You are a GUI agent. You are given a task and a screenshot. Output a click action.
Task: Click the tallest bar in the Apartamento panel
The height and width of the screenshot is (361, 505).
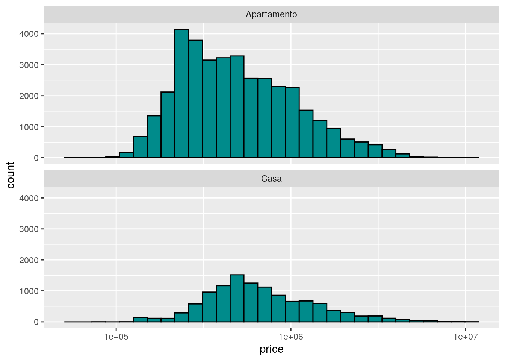tap(182, 94)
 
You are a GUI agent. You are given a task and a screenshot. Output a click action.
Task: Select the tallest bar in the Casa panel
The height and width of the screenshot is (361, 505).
tap(237, 299)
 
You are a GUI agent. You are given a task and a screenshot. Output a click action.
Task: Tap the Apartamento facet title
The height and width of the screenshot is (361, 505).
tap(271, 14)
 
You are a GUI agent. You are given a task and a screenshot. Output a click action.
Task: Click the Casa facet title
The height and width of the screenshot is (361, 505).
tap(271, 179)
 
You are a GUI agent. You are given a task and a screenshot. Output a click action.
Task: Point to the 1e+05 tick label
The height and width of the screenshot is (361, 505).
tap(116, 337)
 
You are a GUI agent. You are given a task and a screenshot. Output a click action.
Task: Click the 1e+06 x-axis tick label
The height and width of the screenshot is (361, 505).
tap(290, 337)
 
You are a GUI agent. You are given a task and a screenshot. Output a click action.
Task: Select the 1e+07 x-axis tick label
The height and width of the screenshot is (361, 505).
tap(465, 337)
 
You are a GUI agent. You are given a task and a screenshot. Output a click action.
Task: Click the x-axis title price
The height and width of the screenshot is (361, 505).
tap(271, 349)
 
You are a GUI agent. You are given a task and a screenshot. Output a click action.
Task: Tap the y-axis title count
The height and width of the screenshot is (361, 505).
tap(11, 175)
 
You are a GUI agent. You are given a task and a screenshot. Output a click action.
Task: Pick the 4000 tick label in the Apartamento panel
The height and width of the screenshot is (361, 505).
tap(29, 34)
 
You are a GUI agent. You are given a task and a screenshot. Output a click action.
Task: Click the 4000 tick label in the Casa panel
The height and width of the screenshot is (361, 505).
tap(29, 198)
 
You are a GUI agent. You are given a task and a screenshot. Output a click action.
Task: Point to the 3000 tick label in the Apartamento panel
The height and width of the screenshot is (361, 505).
tap(29, 65)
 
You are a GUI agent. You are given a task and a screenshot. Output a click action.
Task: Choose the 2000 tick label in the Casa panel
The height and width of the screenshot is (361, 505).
tap(29, 260)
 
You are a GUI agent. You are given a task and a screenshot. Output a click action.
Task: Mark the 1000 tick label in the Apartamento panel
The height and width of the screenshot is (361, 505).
tap(29, 127)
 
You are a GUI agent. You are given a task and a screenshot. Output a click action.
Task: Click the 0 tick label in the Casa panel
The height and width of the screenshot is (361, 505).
tap(36, 322)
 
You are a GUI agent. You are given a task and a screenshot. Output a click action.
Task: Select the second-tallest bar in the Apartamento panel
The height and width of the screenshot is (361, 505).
tap(196, 99)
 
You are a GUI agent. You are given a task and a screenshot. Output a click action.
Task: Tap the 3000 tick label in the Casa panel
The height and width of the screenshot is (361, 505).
tap(29, 229)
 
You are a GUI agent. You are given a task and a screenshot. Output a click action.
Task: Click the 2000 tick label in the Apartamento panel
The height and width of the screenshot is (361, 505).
tap(29, 96)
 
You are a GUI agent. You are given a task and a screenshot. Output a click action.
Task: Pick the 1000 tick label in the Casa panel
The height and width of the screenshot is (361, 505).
tap(29, 291)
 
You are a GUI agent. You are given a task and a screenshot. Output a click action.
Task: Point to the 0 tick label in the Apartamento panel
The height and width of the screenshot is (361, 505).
tap(36, 158)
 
